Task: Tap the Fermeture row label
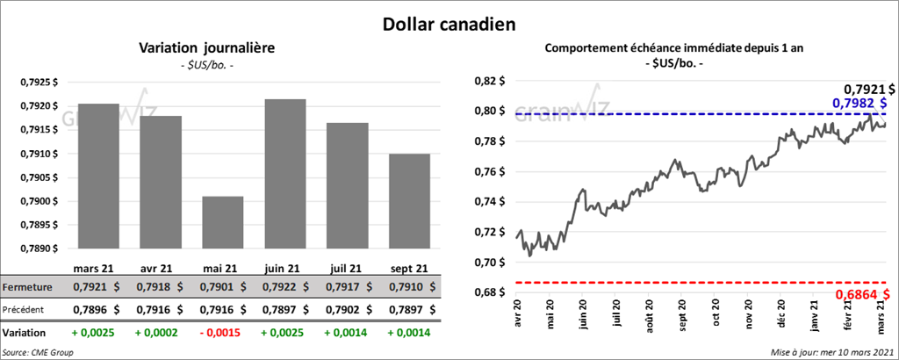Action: tap(28, 287)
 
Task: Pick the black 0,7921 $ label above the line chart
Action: tap(869, 89)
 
